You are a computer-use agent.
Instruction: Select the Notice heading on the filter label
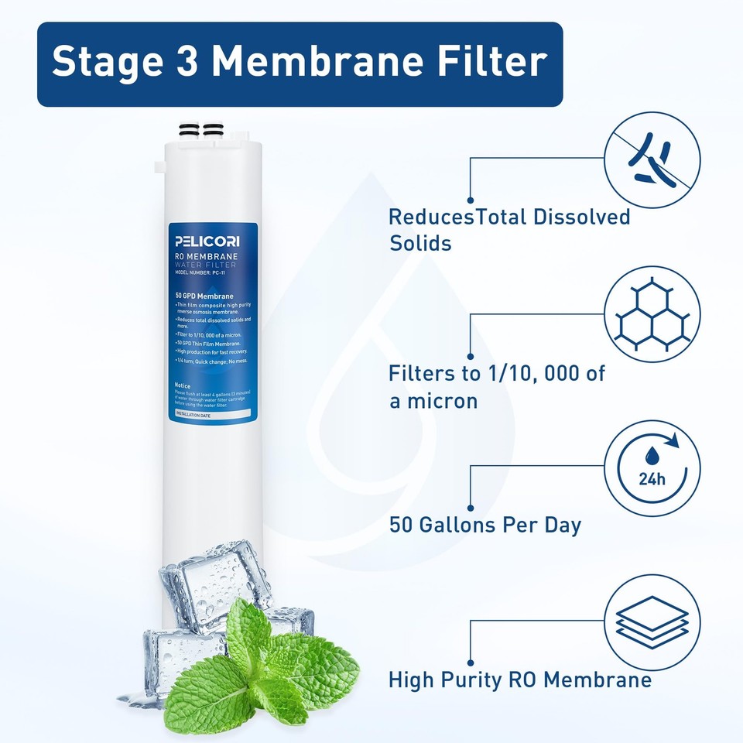(183, 385)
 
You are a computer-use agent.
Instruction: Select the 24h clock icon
(652, 467)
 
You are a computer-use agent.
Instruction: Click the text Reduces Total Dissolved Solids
(508, 230)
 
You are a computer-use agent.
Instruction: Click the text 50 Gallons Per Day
(484, 525)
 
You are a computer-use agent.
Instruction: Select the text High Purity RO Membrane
(519, 680)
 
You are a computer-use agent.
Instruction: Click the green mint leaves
(263, 666)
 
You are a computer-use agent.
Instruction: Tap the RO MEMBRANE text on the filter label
(206, 255)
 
